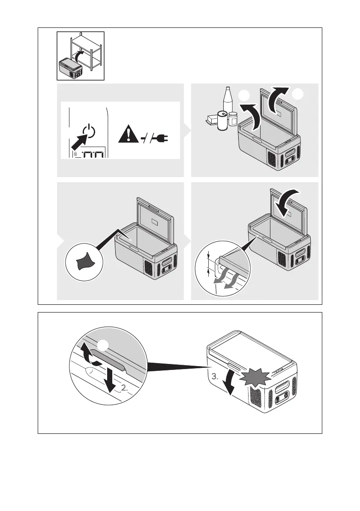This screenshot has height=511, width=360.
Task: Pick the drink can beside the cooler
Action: point(222,120)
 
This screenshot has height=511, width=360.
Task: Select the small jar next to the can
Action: point(233,119)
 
